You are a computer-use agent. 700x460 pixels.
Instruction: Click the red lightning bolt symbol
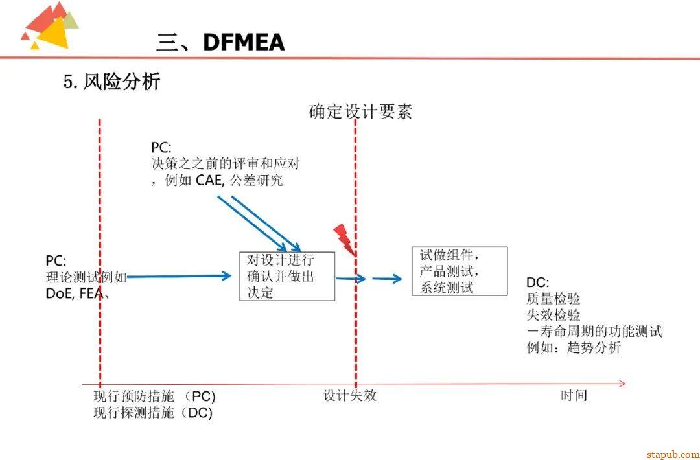click(344, 239)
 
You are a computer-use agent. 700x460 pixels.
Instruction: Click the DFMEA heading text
click(243, 43)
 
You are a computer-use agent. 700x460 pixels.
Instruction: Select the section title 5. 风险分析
click(111, 82)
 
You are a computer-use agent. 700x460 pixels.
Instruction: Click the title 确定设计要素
click(360, 111)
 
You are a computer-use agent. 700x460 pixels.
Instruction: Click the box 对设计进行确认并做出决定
click(287, 276)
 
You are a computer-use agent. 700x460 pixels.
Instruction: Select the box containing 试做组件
click(460, 271)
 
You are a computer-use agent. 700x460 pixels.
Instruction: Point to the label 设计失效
click(350, 395)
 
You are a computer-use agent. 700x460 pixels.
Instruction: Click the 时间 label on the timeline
click(574, 395)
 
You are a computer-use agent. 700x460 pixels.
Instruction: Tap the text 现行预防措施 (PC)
click(154, 397)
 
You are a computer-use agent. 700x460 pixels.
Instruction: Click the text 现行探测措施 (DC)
click(153, 413)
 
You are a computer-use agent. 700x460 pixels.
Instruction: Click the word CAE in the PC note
click(209, 181)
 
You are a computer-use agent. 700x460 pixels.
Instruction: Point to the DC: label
click(538, 282)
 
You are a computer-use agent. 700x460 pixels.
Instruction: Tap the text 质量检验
click(554, 299)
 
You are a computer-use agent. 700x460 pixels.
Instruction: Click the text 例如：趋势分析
click(574, 348)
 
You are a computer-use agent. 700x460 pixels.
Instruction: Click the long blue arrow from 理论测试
click(178, 277)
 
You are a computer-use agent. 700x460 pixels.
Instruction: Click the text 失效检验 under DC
click(554, 315)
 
